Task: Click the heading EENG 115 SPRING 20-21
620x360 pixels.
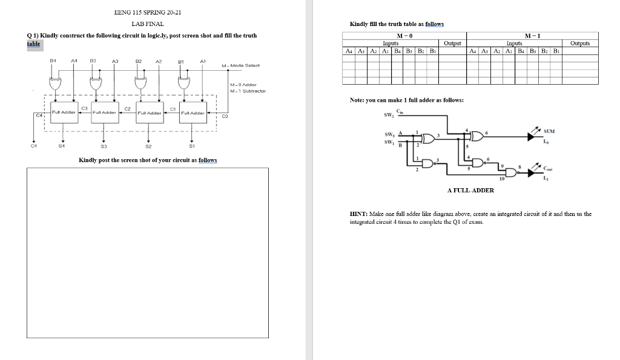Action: (148, 12)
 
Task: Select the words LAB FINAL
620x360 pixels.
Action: (147, 24)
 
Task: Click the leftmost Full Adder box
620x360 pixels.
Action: (63, 113)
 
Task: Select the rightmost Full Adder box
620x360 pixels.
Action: (192, 113)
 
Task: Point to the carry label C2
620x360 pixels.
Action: (127, 108)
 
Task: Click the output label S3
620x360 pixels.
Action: (104, 145)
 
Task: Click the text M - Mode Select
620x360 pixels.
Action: (241, 65)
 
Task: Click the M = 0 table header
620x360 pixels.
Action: (404, 37)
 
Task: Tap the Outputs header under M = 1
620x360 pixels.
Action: (580, 44)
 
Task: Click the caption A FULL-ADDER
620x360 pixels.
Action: (470, 190)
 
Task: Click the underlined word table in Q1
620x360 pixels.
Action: (33, 44)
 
